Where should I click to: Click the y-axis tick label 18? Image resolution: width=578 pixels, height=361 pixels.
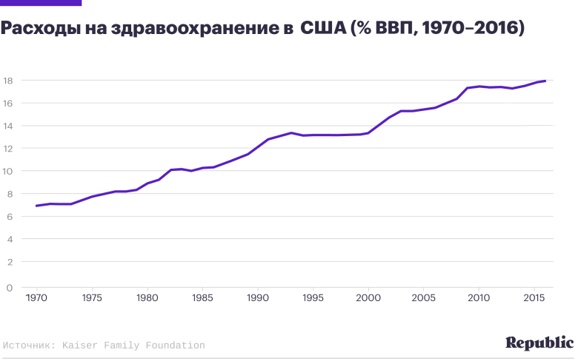click(9, 80)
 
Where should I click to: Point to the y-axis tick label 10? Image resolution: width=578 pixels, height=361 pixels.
click(9, 171)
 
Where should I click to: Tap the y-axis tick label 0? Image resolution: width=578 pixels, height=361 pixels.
click(9, 287)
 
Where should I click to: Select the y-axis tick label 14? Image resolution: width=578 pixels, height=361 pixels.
click(9, 126)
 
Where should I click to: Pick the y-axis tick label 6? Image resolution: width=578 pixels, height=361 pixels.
click(9, 217)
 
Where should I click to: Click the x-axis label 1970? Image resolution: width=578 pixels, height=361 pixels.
click(36, 298)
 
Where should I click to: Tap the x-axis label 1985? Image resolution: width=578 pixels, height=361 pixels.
click(202, 298)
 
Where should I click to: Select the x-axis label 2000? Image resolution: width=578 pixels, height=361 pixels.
click(368, 298)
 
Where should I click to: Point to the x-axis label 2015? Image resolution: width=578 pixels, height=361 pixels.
click(534, 298)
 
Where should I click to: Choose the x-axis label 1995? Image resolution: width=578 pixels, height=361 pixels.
click(313, 298)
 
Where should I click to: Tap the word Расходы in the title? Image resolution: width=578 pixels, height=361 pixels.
click(36, 29)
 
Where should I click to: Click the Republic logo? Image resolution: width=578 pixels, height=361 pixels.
click(539, 343)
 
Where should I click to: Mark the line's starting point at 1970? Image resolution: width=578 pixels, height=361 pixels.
click(36, 206)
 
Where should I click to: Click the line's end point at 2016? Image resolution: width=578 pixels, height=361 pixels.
click(545, 81)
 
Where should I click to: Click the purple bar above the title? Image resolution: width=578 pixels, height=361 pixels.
click(41, 3)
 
